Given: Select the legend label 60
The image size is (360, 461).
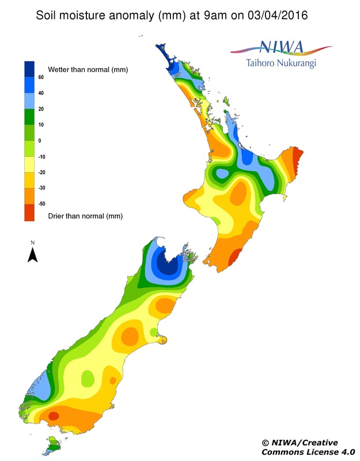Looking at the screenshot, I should tap(41, 77).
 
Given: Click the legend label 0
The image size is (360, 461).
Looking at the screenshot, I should tap(40, 140).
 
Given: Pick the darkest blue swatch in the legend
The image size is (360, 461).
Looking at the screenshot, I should tap(29, 69).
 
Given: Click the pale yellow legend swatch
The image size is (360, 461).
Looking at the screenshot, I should tap(29, 164).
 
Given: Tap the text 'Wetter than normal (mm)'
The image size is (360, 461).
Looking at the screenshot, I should tap(88, 69).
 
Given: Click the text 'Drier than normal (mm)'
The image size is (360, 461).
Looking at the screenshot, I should tap(85, 216).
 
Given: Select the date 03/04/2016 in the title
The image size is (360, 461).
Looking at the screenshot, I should tap(275, 15).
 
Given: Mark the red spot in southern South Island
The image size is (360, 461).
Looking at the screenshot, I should tap(54, 415).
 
